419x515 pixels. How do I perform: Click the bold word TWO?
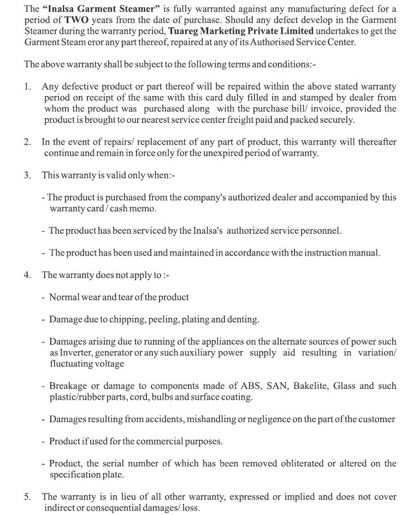[68, 20]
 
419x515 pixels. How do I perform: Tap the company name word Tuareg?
[184, 31]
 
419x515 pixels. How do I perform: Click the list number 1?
[27, 87]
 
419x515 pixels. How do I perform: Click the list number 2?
[27, 142]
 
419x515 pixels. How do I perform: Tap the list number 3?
[27, 175]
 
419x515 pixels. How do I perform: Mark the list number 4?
[27, 275]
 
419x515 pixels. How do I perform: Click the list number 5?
[27, 497]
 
